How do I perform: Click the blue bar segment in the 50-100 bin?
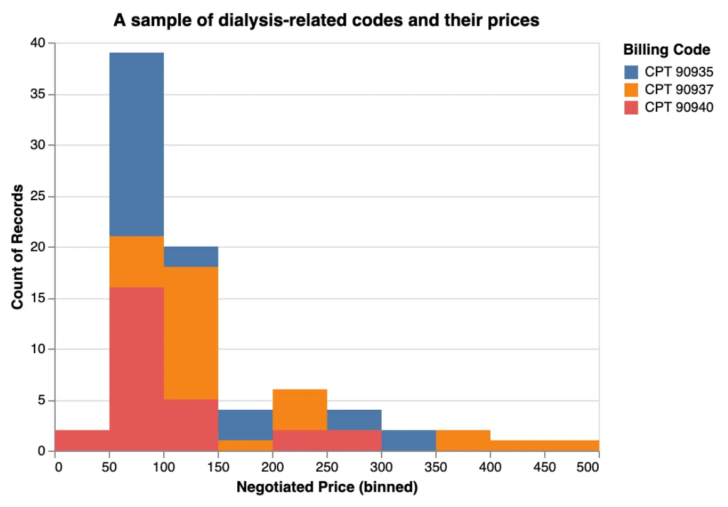click(x=137, y=144)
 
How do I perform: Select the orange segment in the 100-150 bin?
click(x=191, y=333)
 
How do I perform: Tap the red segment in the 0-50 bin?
click(x=82, y=440)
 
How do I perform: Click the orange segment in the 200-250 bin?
click(x=300, y=410)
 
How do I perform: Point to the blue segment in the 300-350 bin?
click(x=409, y=440)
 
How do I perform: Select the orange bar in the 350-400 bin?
click(x=463, y=440)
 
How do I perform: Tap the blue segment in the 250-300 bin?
click(x=354, y=420)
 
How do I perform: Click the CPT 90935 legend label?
click(x=679, y=72)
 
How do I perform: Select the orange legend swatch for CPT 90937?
click(x=631, y=90)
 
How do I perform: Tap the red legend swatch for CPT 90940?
click(x=631, y=107)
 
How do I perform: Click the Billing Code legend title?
click(x=666, y=50)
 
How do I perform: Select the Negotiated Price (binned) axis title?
click(x=326, y=487)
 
